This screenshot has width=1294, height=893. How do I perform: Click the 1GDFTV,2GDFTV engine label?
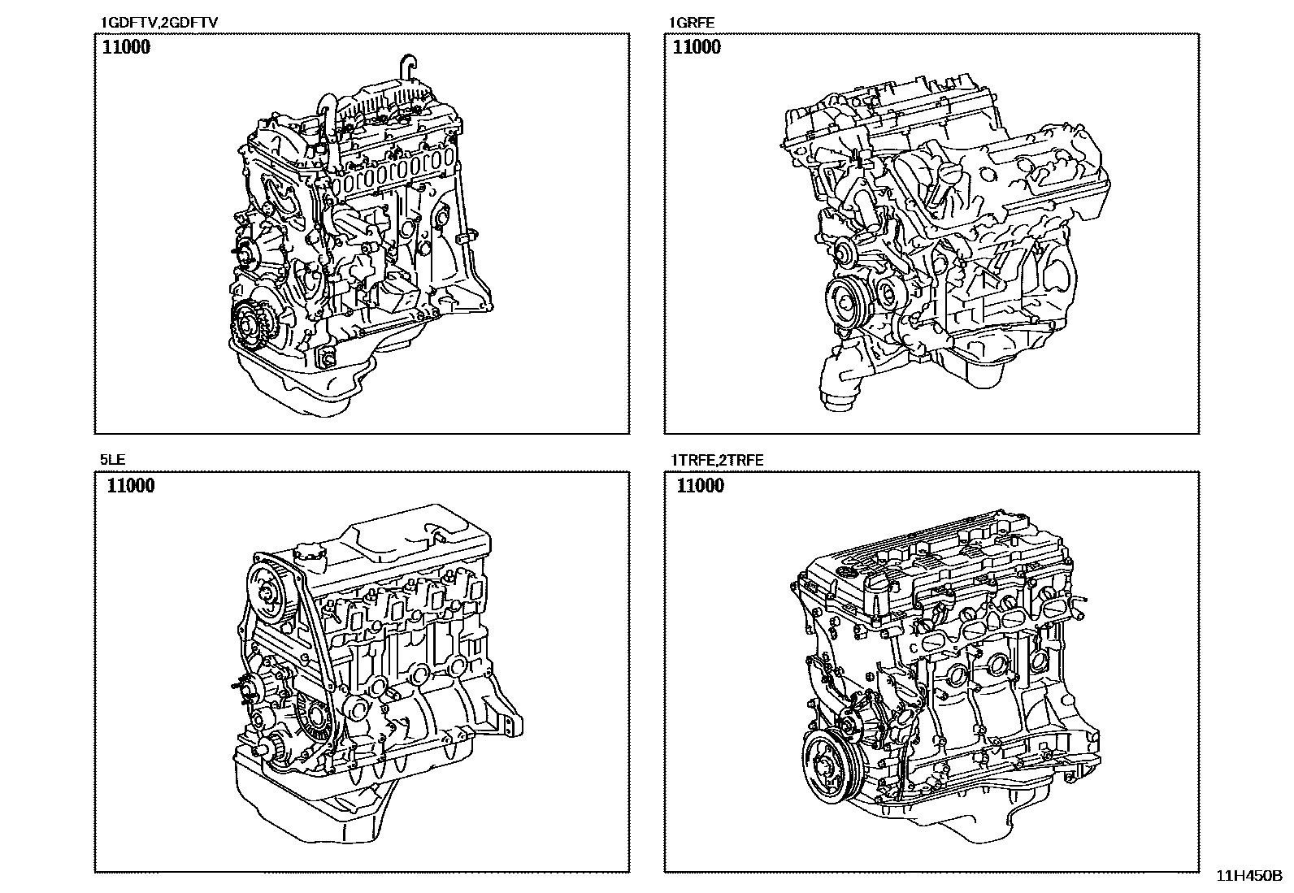158,23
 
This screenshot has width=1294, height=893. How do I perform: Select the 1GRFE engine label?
692,23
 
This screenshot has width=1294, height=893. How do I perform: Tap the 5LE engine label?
112,460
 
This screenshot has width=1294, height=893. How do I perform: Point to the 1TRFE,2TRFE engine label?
716,461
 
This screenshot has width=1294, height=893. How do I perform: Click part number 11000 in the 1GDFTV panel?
126,47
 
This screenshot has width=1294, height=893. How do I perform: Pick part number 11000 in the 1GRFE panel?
697,47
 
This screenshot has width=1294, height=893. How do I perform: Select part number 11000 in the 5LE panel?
131,485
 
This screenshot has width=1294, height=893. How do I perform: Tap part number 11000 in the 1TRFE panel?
700,485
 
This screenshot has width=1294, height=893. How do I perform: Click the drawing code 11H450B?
1249,876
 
